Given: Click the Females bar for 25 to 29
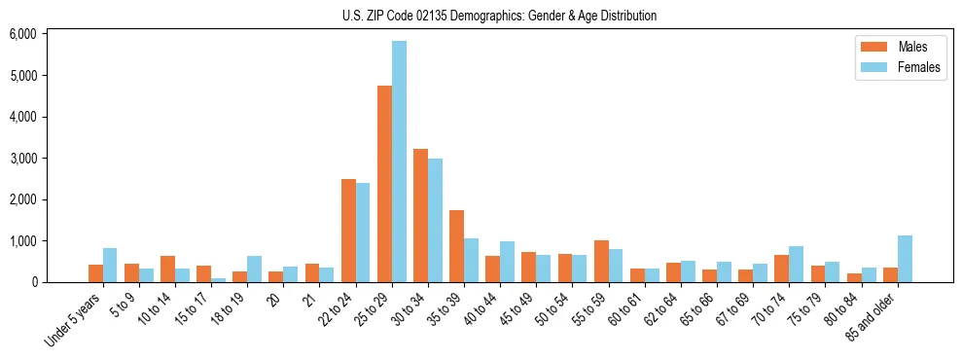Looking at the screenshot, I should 399,162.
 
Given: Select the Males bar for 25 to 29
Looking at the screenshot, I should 384,184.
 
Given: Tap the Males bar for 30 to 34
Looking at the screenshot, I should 420,215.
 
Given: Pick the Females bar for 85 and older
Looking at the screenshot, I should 905,259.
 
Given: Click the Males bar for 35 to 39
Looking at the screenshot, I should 456,246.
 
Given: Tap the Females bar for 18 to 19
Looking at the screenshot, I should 254,269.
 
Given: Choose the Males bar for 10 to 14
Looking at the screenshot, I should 167,269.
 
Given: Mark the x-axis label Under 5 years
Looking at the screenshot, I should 75,322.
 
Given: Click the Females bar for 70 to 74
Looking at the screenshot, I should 797,264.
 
